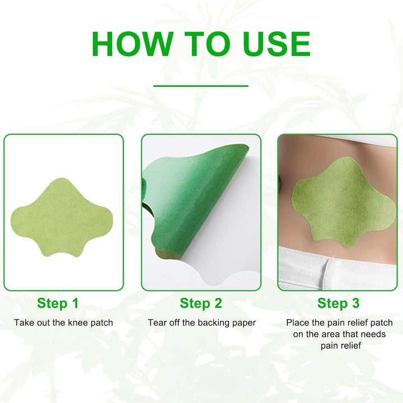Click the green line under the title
click(200, 86)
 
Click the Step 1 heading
click(58, 303)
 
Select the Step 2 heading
click(201, 303)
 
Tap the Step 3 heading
click(339, 303)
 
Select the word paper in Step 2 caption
click(244, 322)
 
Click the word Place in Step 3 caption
click(297, 322)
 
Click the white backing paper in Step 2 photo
click(224, 263)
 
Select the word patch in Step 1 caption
click(102, 322)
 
